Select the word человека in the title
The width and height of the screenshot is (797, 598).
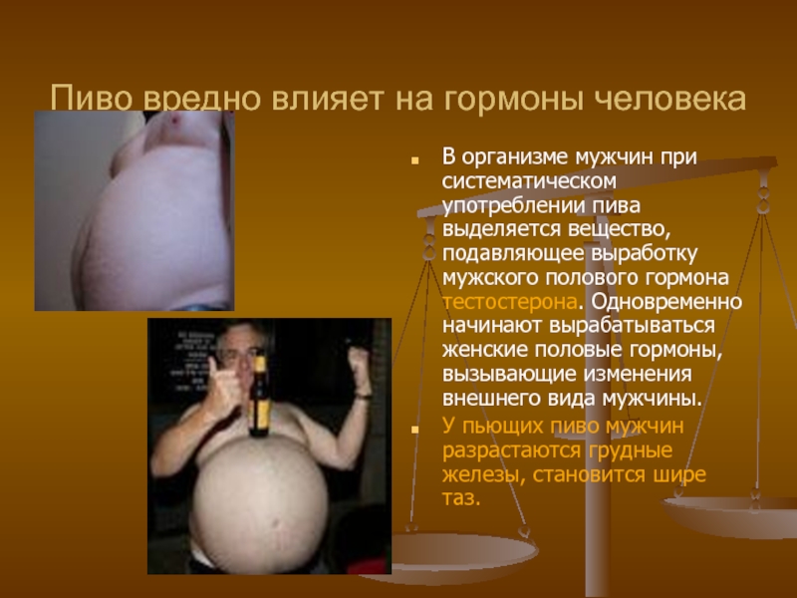click(669, 99)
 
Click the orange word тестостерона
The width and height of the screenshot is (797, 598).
click(510, 302)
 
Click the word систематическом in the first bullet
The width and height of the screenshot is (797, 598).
click(529, 181)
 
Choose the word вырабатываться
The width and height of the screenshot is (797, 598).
click(632, 326)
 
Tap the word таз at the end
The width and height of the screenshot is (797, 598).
click(461, 497)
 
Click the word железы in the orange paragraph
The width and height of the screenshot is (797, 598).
click(484, 475)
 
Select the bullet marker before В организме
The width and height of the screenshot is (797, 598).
click(414, 160)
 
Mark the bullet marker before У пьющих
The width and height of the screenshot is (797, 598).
click(414, 430)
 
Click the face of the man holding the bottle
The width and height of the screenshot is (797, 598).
click(238, 350)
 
